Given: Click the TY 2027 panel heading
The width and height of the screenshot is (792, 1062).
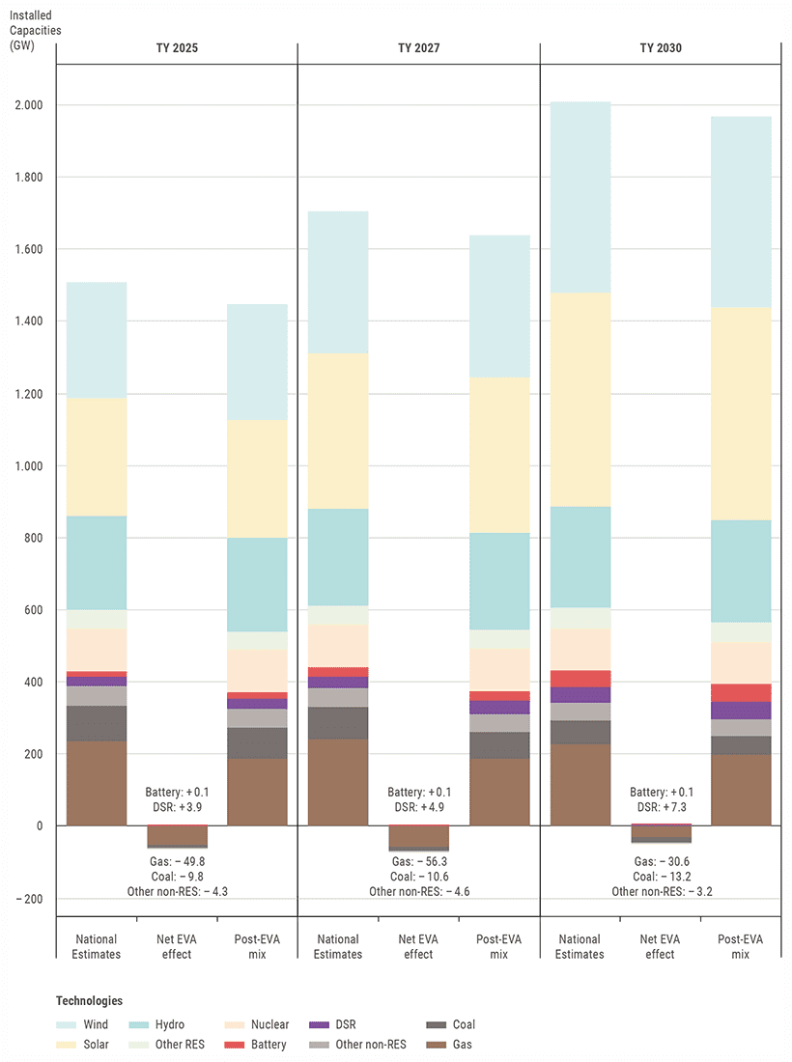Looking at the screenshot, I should (418, 47).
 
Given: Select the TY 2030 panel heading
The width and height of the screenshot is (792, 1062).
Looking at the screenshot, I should (660, 47).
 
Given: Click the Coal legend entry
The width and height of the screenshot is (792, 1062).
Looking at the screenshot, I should (463, 1025).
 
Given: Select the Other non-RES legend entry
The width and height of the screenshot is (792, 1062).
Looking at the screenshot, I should (371, 1045).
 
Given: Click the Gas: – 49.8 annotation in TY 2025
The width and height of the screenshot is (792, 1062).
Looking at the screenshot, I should (177, 861).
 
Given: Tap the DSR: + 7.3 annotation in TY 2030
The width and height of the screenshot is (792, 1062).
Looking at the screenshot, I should (660, 806).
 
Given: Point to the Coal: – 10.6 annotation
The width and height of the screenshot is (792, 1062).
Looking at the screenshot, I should (418, 877).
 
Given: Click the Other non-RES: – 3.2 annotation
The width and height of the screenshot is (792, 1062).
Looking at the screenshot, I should (660, 892).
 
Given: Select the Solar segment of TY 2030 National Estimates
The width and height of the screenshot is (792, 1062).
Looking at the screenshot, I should (580, 400).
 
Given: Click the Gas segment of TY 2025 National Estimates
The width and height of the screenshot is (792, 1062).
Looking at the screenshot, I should (97, 783).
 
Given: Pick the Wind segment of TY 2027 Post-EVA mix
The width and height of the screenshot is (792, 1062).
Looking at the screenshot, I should (499, 306).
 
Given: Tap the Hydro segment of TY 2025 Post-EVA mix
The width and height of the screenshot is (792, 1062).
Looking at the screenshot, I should (257, 585).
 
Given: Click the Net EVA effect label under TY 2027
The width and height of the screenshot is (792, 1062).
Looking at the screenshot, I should (418, 947).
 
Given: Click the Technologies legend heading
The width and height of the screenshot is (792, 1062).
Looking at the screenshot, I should (89, 1001).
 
